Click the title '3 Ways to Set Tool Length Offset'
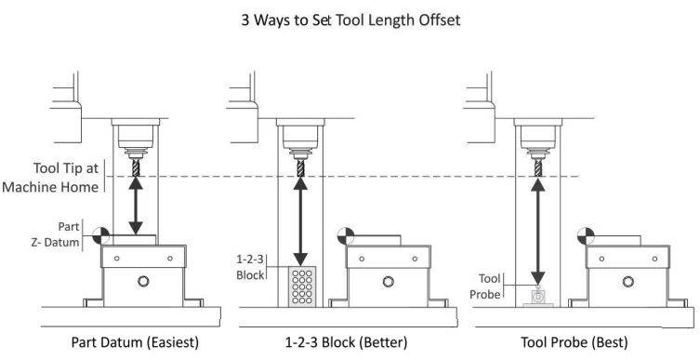350,20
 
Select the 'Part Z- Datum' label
56,234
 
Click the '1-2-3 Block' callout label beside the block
250,267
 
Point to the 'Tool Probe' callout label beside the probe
485,287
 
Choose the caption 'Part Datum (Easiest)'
135,342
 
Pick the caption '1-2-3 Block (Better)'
346,342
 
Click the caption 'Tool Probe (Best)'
575,342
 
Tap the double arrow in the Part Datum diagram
136,206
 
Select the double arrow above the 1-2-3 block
300,221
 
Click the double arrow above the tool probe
538,231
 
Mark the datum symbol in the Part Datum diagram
101,235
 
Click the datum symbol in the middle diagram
346,236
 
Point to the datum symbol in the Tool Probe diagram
586,236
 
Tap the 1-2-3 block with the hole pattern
302,287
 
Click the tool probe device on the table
538,297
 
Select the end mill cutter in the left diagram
136,167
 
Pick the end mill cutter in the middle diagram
300,167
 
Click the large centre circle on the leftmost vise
143,281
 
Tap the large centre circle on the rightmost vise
627,282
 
